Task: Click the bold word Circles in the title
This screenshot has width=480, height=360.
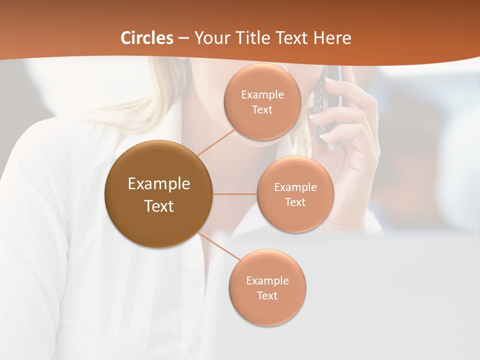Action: tap(147, 38)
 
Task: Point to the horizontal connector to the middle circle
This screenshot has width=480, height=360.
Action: tap(235, 194)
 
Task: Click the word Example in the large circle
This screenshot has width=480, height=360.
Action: tap(159, 184)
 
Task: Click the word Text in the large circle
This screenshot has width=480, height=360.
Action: tap(159, 205)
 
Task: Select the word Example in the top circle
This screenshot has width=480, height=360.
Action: tap(262, 95)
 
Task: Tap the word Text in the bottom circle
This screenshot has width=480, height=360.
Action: tap(267, 295)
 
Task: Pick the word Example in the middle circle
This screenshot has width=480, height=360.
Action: tap(295, 187)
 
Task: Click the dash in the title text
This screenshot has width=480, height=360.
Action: tap(183, 38)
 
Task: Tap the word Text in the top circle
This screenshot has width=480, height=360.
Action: tap(262, 110)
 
